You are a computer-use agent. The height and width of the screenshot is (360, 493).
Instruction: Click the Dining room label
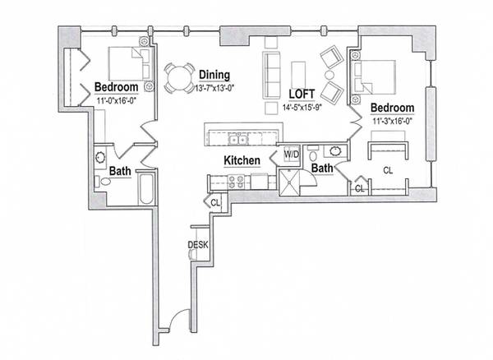click(x=214, y=75)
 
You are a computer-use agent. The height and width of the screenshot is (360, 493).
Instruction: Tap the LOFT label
click(x=302, y=94)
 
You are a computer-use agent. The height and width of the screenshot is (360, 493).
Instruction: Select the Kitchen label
click(x=242, y=160)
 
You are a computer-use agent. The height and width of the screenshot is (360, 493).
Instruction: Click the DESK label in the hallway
click(x=198, y=245)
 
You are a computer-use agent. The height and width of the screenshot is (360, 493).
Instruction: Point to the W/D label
click(x=292, y=155)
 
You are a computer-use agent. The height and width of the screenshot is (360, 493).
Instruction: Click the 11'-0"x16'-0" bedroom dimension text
click(x=116, y=101)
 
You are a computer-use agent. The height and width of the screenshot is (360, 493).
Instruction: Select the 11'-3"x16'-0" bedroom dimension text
click(x=393, y=122)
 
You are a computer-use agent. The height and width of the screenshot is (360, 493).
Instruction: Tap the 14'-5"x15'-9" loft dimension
click(x=302, y=108)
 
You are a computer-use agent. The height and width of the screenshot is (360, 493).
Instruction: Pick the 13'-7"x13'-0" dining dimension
click(x=215, y=88)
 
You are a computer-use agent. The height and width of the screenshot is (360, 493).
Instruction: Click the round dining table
click(x=178, y=78)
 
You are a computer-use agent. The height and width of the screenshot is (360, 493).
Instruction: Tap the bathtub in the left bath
click(x=146, y=189)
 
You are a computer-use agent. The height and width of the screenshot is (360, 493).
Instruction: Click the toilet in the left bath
click(x=104, y=182)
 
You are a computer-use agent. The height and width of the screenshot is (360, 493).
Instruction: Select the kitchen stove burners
click(x=236, y=182)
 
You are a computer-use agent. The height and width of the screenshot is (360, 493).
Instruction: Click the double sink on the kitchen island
click(x=238, y=139)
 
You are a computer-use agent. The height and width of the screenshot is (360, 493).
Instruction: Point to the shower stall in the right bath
click(x=289, y=182)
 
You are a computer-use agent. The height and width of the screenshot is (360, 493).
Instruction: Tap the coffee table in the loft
click(x=298, y=75)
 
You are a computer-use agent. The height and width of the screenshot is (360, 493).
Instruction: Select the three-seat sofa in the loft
click(x=272, y=76)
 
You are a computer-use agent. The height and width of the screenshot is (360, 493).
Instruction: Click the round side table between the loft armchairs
click(x=329, y=75)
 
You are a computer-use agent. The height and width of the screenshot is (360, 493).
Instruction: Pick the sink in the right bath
click(x=335, y=151)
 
